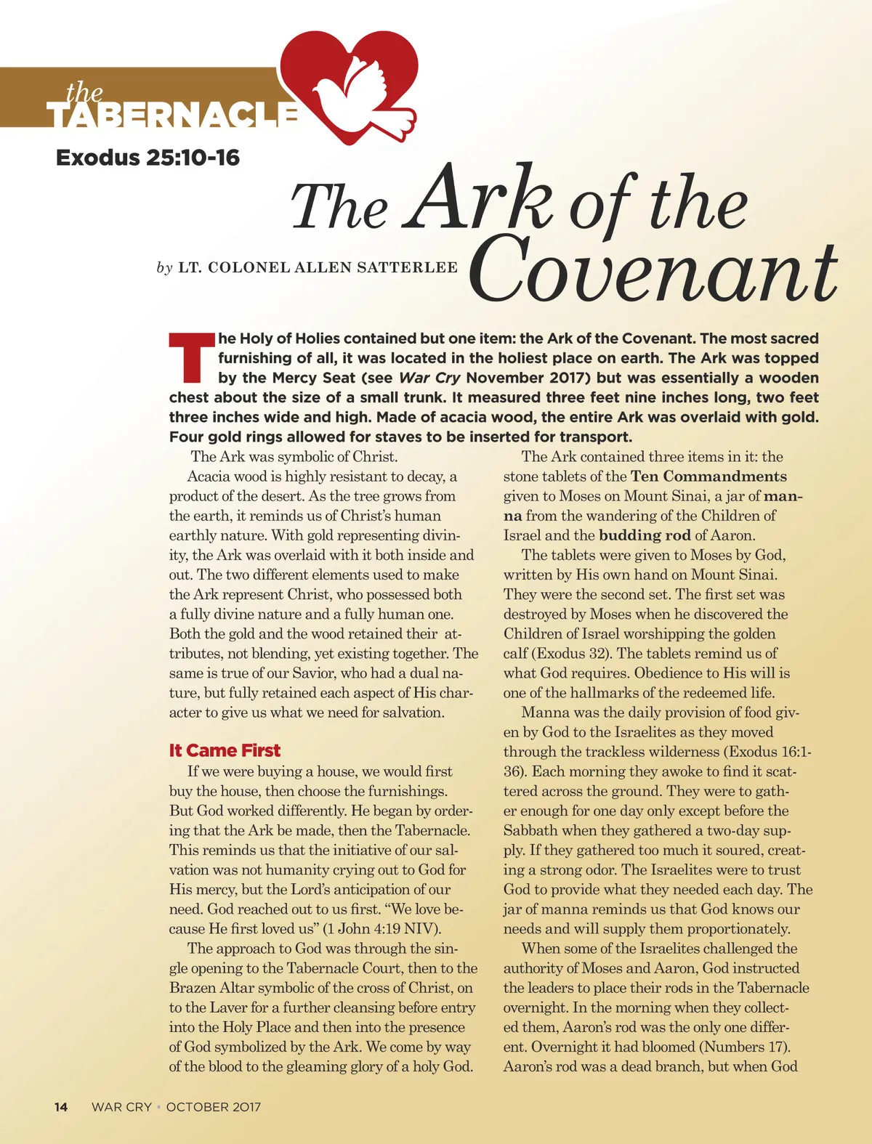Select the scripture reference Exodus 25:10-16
pyautogui.click(x=148, y=158)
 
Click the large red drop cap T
pyautogui.click(x=191, y=358)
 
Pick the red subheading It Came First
pyautogui.click(x=225, y=750)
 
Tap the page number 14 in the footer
pyautogui.click(x=61, y=1107)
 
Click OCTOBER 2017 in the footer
pyautogui.click(x=213, y=1107)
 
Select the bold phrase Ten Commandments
pyautogui.click(x=708, y=476)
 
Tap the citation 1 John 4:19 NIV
pyautogui.click(x=379, y=928)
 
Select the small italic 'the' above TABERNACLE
pyautogui.click(x=84, y=92)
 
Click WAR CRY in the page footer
pyautogui.click(x=121, y=1107)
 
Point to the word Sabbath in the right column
pyautogui.click(x=530, y=830)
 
